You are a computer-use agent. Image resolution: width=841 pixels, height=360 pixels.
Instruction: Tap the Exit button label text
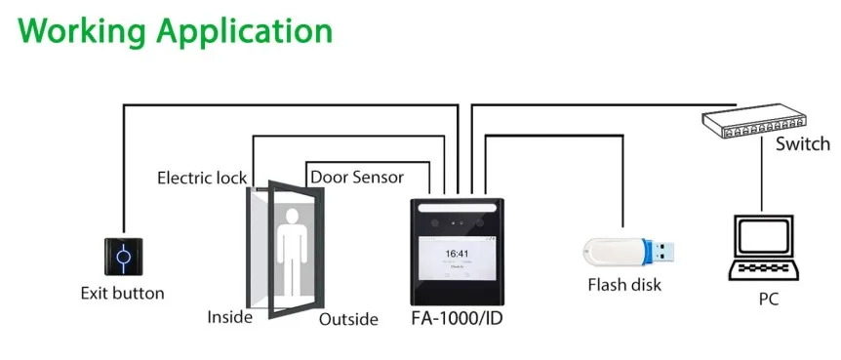point(122,293)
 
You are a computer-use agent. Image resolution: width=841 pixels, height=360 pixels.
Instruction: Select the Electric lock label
point(202,179)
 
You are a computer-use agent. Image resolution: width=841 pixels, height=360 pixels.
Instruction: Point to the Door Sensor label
point(370,178)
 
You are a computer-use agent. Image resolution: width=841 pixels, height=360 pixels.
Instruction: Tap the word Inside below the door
point(230,317)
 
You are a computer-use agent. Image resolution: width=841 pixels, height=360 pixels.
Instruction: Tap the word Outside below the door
point(348,318)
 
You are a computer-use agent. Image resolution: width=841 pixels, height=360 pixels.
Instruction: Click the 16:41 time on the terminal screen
point(458,253)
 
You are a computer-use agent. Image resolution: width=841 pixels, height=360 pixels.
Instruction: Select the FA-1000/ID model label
point(458,318)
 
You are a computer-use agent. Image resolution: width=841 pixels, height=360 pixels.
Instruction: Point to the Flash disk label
point(624,285)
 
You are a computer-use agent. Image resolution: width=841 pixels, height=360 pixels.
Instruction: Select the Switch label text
point(802,144)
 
